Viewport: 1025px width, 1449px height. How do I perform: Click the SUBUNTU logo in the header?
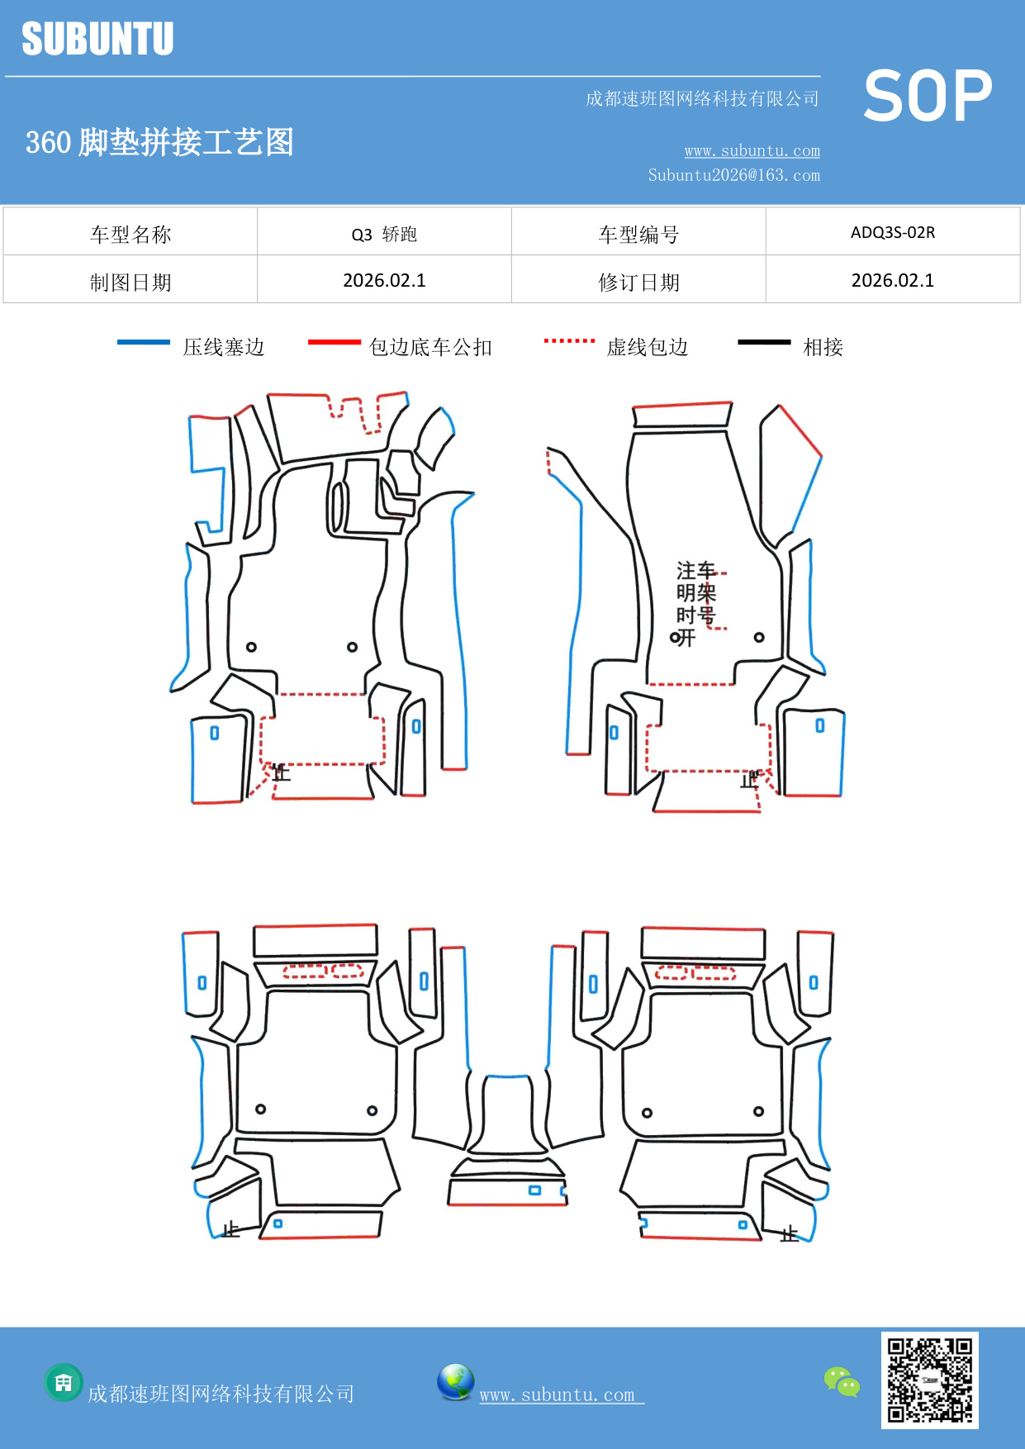coord(97,39)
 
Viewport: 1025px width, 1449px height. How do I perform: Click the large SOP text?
coord(927,96)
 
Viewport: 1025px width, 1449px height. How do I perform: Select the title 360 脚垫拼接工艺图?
coord(159,142)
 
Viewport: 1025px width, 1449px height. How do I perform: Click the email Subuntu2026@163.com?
coord(733,175)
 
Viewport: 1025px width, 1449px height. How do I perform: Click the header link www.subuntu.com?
coord(752,150)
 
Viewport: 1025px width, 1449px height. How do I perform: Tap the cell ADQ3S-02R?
coord(892,232)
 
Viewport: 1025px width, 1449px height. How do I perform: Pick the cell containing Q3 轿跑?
coord(384,234)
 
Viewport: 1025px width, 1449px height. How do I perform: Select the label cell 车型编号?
coord(638,235)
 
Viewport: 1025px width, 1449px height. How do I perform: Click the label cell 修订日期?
coord(638,282)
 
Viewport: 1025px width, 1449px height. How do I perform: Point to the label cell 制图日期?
coord(130,282)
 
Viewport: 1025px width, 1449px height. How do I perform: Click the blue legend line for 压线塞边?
coord(144,342)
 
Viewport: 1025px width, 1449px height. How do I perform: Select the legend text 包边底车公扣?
coord(430,347)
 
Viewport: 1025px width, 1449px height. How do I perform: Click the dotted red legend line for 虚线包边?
coord(569,340)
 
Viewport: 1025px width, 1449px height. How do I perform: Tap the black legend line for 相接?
coord(764,342)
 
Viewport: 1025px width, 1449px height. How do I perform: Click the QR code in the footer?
coord(929,1380)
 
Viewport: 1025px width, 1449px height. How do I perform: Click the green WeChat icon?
coord(841,1381)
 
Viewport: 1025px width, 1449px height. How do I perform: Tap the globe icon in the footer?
coord(455,1382)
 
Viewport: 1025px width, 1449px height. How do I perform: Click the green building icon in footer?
coord(64,1382)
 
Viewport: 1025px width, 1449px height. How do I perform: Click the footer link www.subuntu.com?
coord(557,1394)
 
